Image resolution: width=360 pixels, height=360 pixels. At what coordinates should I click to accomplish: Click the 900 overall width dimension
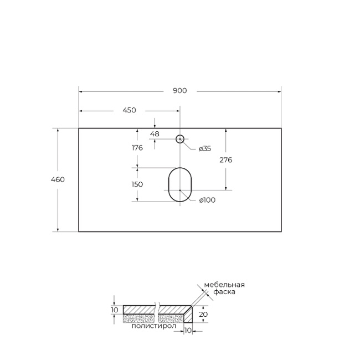tap(179, 91)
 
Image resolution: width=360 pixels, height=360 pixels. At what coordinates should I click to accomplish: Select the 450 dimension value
tap(128, 110)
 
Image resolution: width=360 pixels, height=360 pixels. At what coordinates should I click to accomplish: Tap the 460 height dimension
tap(58, 179)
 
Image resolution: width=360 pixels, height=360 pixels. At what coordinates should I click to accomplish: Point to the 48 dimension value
tap(155, 134)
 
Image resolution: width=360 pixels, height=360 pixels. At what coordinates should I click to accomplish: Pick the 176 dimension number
tap(137, 148)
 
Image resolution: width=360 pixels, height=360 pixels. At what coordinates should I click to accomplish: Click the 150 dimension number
tap(137, 184)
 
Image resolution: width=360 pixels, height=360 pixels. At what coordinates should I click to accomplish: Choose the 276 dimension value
tap(225, 160)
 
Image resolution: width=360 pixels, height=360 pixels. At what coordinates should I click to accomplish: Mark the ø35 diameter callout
tap(204, 148)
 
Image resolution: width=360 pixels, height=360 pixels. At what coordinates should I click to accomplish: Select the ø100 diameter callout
tap(207, 200)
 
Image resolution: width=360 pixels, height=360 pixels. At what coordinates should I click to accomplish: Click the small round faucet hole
tap(180, 139)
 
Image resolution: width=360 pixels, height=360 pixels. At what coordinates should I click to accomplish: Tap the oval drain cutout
tap(179, 184)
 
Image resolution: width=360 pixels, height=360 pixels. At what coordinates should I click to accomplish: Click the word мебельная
tap(224, 285)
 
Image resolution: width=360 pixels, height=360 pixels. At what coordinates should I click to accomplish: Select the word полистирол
tap(153, 326)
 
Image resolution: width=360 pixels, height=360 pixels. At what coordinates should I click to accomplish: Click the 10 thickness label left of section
tap(115, 310)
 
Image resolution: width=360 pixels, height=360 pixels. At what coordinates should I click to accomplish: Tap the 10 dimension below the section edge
tap(187, 331)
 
